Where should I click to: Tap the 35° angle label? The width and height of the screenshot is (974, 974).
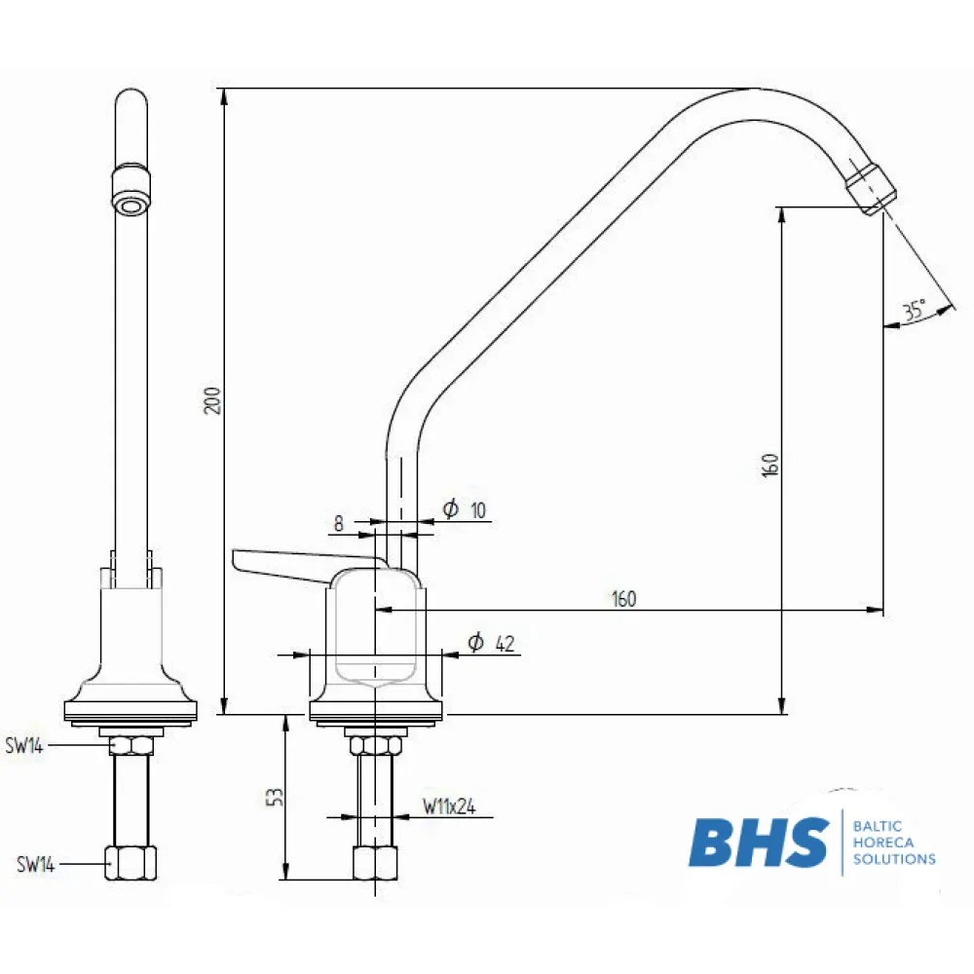(914, 312)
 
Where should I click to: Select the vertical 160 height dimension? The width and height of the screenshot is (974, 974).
(769, 464)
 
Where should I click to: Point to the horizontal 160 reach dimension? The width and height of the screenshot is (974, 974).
(623, 599)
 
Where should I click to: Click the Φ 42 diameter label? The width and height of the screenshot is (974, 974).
(490, 643)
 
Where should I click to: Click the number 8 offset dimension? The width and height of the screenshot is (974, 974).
(339, 523)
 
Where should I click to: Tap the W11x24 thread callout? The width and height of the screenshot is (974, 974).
(448, 806)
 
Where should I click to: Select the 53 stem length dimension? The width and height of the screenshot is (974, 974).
(276, 797)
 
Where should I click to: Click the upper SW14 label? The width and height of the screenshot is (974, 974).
(23, 746)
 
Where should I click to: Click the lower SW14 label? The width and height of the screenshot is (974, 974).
(35, 864)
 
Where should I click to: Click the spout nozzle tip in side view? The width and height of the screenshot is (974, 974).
(870, 187)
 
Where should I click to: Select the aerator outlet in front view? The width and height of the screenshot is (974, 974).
(131, 203)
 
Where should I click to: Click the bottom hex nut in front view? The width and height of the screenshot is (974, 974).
(131, 862)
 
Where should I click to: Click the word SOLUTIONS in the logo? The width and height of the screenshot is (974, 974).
(893, 859)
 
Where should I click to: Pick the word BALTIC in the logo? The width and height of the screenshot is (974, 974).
(877, 825)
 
